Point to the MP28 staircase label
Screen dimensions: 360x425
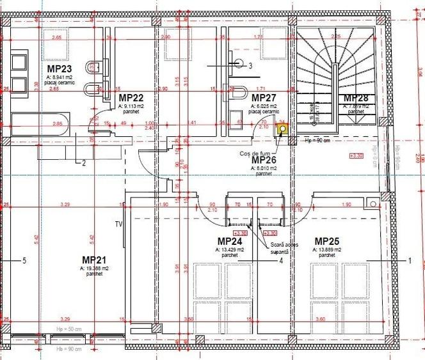[355, 98]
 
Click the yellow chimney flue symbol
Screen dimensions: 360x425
[281, 129]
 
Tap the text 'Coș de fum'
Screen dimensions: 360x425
[252, 152]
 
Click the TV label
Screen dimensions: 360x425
[118, 224]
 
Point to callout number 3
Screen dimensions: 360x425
[250, 65]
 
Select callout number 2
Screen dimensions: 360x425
[83, 162]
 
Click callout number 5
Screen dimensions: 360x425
[24, 260]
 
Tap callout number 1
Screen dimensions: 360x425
[409, 260]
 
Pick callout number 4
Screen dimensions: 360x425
[280, 260]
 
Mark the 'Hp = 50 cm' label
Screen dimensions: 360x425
[68, 329]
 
